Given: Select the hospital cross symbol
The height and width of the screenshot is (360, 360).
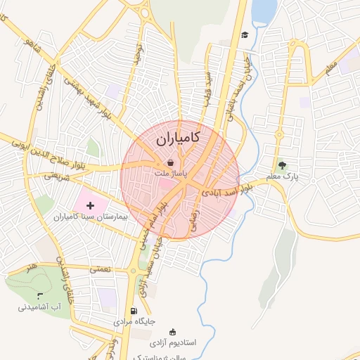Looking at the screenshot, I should (89, 204).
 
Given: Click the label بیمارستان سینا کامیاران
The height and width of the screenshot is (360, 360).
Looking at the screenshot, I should (94, 217).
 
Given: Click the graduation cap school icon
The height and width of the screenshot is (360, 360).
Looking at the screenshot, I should (245, 35).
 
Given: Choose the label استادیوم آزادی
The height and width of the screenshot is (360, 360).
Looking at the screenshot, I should (196, 342).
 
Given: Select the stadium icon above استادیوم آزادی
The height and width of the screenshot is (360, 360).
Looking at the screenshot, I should (172, 332).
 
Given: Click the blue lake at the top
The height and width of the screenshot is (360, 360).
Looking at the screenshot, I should (264, 11).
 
